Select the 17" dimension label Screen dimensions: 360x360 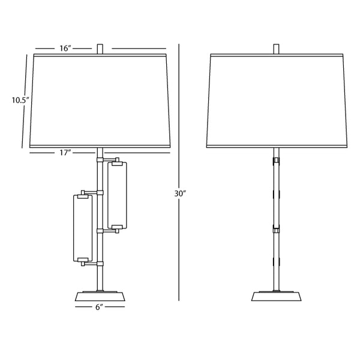point(67,153)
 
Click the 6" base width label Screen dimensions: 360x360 point(99,307)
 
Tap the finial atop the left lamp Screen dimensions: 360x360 point(100,48)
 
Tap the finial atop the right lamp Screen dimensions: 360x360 point(277,48)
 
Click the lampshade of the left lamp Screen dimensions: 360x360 point(100,100)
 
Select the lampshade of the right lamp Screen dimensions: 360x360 point(277,100)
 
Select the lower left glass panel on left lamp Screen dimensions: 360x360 point(83,227)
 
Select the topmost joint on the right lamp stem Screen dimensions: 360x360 point(277,161)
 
